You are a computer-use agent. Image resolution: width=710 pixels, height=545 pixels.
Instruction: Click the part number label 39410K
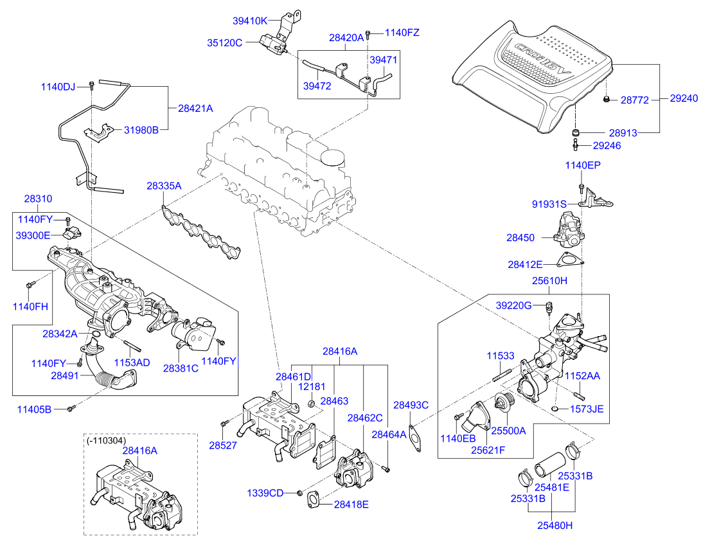click(249, 21)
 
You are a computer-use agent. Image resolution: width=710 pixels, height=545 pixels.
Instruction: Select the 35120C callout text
click(224, 43)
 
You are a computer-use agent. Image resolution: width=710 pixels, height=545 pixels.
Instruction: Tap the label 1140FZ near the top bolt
click(403, 32)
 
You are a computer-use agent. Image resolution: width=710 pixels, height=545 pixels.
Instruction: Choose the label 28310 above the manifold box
click(39, 199)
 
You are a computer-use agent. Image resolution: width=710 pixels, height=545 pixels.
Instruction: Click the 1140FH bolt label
click(30, 307)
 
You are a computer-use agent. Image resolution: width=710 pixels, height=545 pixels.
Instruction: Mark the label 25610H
click(549, 281)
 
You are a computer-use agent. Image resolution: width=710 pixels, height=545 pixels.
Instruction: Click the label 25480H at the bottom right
click(555, 525)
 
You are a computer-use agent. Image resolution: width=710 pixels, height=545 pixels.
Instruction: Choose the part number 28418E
click(351, 505)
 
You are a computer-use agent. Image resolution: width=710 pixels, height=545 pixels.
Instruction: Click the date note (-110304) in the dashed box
click(106, 441)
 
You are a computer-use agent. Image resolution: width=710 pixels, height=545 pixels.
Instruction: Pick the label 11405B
click(34, 409)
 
